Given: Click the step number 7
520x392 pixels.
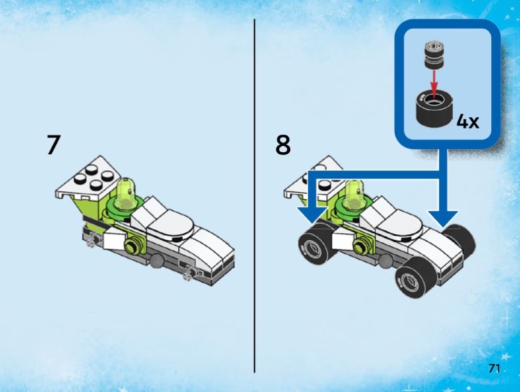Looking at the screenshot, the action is (54, 144).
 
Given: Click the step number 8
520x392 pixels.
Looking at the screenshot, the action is (283, 145).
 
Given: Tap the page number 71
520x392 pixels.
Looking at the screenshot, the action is (494, 368).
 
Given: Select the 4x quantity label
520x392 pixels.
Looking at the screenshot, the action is (468, 122).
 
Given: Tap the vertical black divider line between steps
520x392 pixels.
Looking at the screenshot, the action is (255, 196).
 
